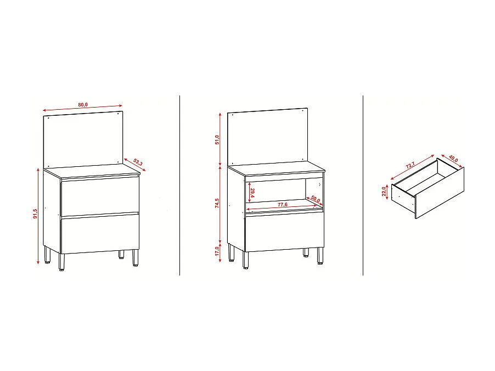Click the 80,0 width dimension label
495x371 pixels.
[x=83, y=104]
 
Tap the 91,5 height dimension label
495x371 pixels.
[x=35, y=214]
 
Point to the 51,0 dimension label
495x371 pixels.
[x=217, y=139]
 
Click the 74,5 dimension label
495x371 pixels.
[x=217, y=203]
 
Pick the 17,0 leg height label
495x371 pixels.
[x=217, y=251]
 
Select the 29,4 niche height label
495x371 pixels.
[x=252, y=193]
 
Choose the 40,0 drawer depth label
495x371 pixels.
[x=453, y=159]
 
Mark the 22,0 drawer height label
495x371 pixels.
[x=384, y=193]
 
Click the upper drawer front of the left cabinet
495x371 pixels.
[x=99, y=195]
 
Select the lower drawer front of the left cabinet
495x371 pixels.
[x=99, y=233]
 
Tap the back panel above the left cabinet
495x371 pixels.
[x=82, y=137]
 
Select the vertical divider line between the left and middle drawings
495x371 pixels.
[x=180, y=185]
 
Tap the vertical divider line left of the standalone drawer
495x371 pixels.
[x=363, y=185]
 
